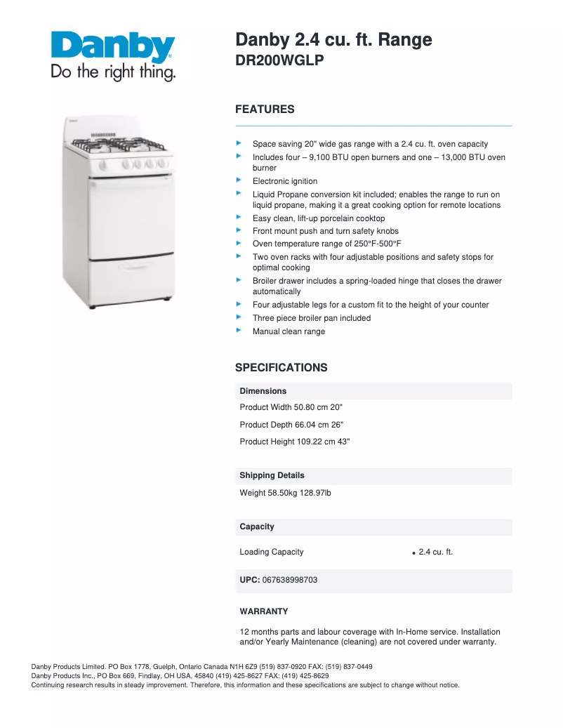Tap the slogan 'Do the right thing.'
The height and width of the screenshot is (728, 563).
[112, 72]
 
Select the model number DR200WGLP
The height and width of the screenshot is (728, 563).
[279, 61]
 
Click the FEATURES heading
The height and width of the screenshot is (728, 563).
[265, 110]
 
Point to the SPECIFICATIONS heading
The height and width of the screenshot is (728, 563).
[281, 368]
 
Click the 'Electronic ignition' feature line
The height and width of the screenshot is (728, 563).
[285, 181]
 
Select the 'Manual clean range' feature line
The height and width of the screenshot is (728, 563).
[289, 331]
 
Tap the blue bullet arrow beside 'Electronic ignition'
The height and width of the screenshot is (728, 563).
[239, 180]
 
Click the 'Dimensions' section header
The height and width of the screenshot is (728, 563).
[263, 391]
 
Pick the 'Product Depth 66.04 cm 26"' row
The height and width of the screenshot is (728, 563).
[291, 425]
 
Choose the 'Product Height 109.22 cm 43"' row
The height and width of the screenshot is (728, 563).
[295, 442]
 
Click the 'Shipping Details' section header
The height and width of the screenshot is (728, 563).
[272, 475]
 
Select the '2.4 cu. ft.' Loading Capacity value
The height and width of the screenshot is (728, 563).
[435, 552]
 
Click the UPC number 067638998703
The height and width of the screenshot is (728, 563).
[289, 580]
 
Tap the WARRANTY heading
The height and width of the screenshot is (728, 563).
[263, 611]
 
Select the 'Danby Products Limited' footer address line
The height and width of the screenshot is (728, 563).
[201, 666]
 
